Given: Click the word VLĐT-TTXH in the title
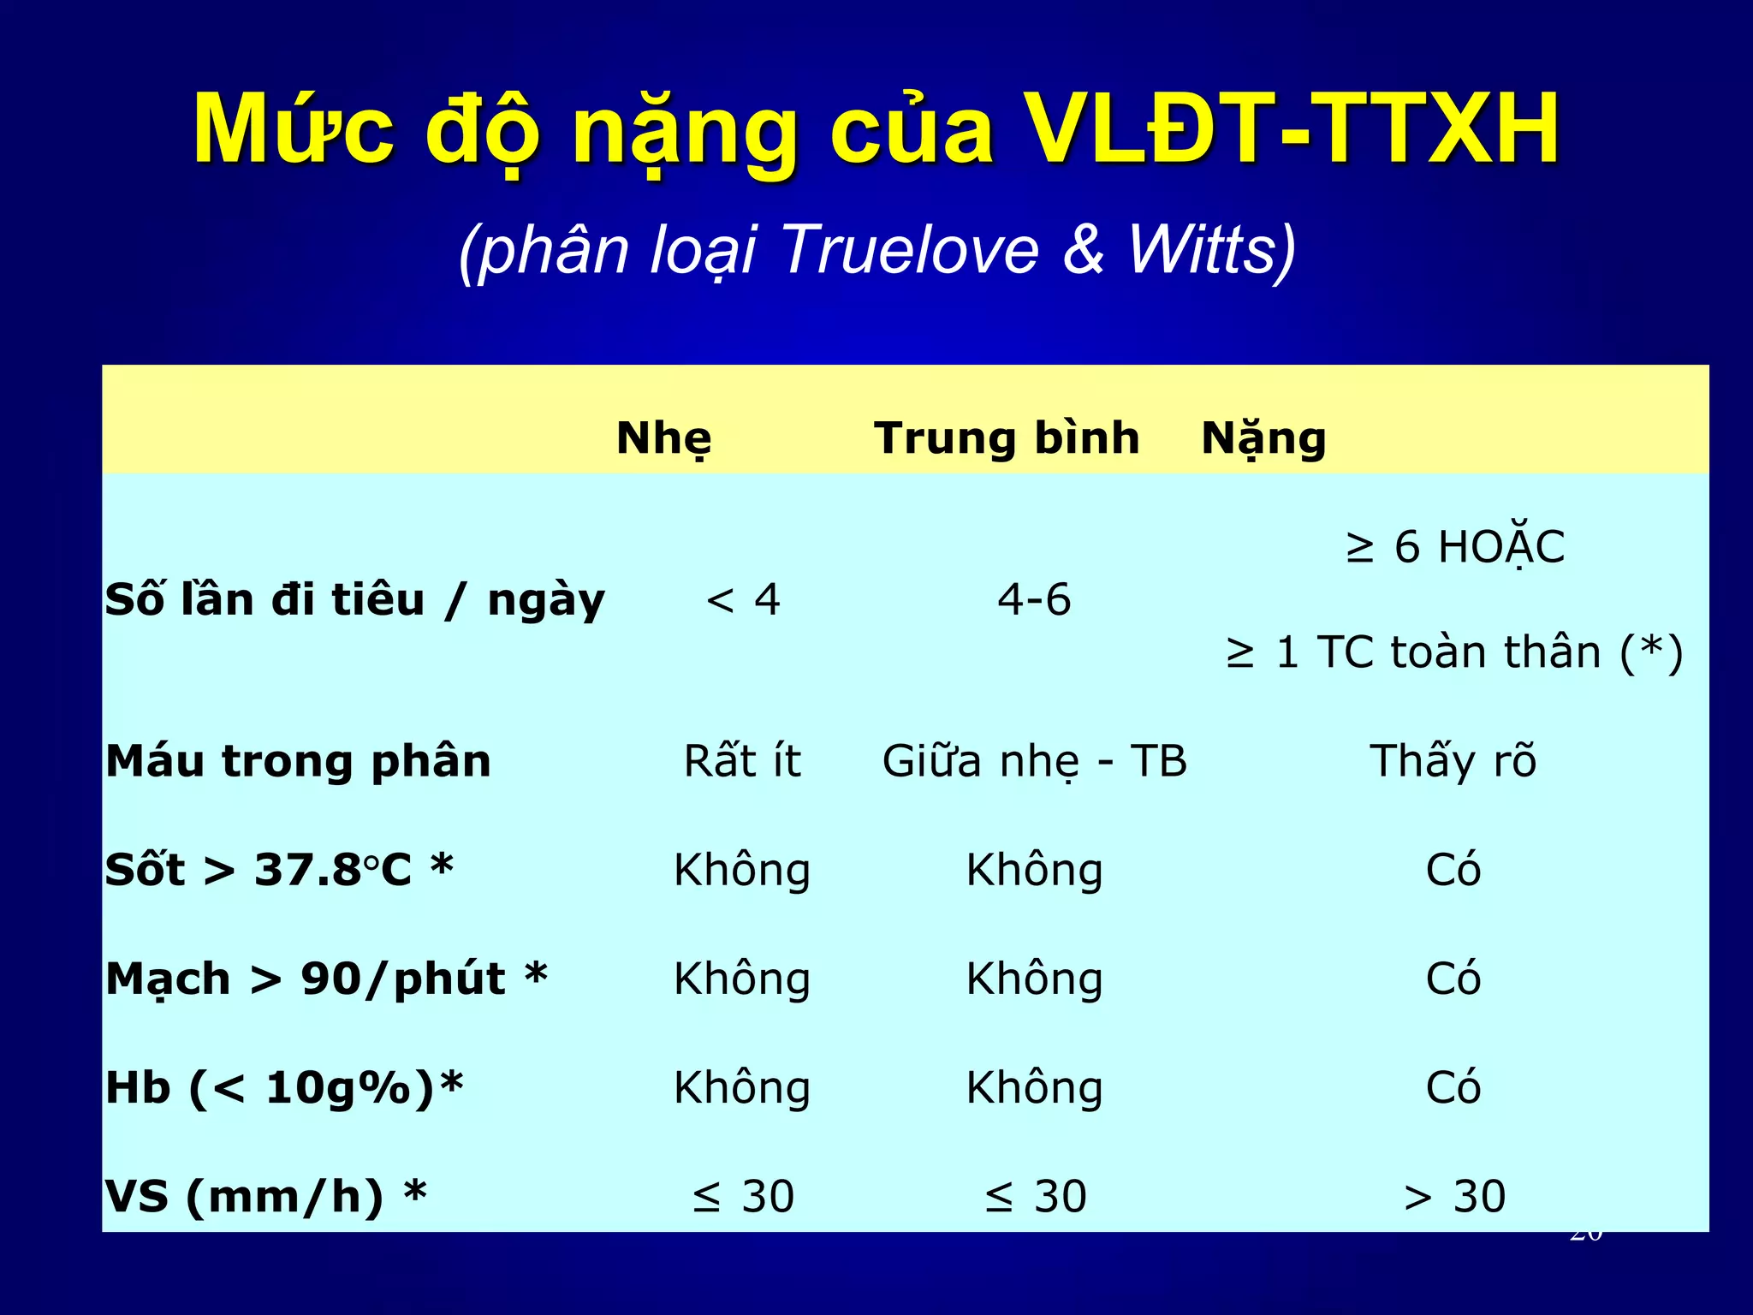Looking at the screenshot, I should point(1292,130).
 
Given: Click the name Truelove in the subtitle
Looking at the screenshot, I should point(909,250).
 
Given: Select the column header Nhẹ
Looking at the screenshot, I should point(663,438).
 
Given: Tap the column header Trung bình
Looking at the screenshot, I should point(1007,438).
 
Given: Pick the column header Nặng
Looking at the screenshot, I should point(1263,438).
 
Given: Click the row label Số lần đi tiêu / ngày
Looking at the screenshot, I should point(354,599).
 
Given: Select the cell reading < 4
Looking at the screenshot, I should point(743,599).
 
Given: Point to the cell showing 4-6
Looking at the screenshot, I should point(1034,599).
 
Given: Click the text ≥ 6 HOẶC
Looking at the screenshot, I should point(1454,547).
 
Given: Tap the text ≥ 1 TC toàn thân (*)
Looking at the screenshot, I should point(1454,652).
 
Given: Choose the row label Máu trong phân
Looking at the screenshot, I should point(298,761).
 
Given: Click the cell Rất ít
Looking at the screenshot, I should point(742,761).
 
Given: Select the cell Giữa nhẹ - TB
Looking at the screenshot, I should point(1034,761).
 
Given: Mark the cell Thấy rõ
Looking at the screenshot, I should point(1453,761).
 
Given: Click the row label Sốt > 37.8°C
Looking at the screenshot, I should point(279,870).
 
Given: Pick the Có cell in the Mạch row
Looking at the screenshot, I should point(1453,979).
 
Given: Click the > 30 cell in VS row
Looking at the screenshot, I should point(1454,1196).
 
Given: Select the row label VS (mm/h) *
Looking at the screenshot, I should point(265,1196).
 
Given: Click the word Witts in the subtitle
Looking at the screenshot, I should point(1211,250).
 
